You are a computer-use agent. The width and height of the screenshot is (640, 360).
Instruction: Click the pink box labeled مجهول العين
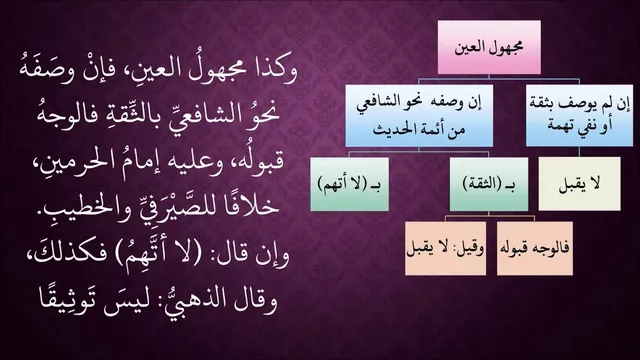tap(489, 47)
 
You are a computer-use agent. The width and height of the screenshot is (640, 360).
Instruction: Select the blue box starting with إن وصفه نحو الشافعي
tap(419, 116)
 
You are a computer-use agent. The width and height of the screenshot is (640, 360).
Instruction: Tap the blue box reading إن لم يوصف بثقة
tap(579, 116)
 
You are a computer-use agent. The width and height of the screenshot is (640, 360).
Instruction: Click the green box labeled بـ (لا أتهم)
tap(349, 184)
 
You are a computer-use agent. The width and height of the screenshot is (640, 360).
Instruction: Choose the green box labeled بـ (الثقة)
tap(489, 184)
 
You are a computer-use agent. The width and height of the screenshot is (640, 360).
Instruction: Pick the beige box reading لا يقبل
tap(579, 184)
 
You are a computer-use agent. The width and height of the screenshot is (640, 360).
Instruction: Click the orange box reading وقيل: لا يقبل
tap(445, 248)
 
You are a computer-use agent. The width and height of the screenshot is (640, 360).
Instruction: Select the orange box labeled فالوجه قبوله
tap(535, 248)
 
